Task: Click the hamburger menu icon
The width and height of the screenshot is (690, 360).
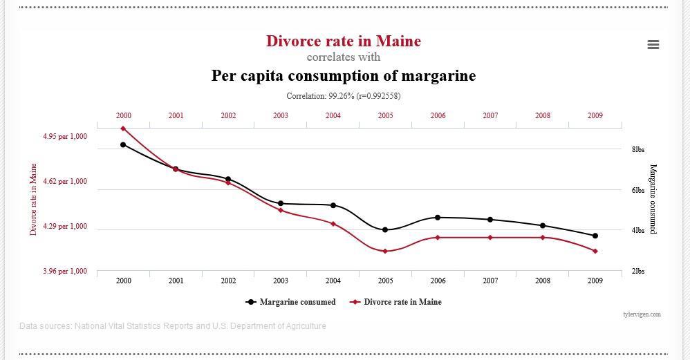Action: tap(653, 44)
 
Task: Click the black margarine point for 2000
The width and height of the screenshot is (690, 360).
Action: tap(123, 144)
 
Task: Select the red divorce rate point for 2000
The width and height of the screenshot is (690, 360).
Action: tap(123, 129)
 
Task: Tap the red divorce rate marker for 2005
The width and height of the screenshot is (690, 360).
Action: tap(385, 251)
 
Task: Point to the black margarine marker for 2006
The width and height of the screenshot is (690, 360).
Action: tap(438, 217)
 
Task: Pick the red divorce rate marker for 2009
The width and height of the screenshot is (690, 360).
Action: tap(595, 251)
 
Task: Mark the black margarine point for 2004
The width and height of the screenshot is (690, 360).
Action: tap(333, 205)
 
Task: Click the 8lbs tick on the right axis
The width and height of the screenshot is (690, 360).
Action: tap(637, 149)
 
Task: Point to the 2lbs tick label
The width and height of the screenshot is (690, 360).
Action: tap(637, 272)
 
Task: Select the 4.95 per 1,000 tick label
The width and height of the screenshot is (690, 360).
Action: tap(65, 137)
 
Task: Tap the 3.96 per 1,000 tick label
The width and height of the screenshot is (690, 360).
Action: tap(65, 272)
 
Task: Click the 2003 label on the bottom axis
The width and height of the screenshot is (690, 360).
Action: tap(281, 281)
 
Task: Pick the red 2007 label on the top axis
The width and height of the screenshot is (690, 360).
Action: tap(490, 116)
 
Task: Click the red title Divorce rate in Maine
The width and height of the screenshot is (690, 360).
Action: tap(343, 41)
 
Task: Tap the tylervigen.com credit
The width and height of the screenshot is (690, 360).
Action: tap(642, 314)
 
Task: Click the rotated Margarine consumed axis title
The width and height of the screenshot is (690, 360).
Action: tap(653, 199)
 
